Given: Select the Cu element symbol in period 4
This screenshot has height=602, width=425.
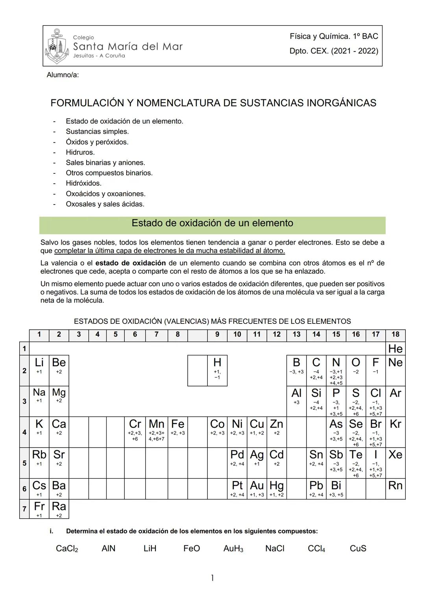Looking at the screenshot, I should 257,424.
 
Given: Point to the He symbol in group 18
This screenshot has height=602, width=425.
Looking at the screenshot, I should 395,349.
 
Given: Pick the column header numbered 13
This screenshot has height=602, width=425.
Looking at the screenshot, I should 296,334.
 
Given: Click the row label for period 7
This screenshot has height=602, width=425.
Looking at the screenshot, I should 24,509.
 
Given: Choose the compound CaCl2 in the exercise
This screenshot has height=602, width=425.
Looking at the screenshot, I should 67,548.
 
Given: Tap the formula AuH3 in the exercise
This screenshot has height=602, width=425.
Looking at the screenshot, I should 233,548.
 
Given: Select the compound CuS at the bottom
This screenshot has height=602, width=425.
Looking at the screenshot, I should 358,548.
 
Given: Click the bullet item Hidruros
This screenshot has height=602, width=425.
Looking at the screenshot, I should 80,152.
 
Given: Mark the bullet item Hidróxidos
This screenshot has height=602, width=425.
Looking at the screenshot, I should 83,183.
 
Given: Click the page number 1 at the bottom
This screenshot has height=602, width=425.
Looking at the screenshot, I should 212,578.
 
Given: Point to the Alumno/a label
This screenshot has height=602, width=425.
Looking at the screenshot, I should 63,75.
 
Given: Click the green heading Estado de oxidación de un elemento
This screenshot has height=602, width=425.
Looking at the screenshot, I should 212,223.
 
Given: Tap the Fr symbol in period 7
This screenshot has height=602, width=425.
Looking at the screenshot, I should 39,506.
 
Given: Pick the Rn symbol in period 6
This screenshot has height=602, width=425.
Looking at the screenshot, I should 395,485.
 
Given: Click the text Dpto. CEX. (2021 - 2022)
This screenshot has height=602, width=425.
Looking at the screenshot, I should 334,51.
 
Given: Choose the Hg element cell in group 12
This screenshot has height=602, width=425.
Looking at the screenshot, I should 276,489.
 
